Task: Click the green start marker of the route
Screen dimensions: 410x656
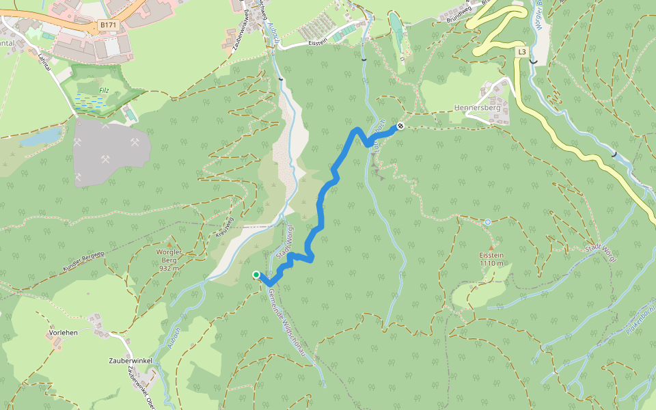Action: [256, 275]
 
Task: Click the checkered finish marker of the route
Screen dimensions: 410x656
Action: [400, 126]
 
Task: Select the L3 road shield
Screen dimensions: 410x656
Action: [522, 52]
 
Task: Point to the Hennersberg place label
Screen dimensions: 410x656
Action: [477, 108]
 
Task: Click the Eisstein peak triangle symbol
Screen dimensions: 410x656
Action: [491, 247]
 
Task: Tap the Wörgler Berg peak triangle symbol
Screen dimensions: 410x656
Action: [169, 243]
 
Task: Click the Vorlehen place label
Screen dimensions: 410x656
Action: [63, 333]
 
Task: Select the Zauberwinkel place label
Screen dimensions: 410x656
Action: [130, 360]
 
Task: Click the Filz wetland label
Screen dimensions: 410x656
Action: [102, 89]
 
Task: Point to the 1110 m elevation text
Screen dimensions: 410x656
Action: [491, 264]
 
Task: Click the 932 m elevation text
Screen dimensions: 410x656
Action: [169, 268]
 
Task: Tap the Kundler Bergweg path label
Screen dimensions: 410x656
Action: [83, 262]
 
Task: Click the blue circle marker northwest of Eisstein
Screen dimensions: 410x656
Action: [488, 222]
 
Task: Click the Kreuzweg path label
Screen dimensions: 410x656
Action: [225, 227]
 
